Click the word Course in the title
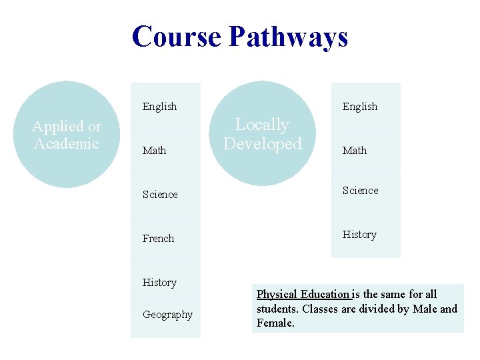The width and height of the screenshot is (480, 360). click(177, 36)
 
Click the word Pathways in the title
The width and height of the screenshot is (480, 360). click(288, 36)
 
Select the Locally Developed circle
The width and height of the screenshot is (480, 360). click(263, 133)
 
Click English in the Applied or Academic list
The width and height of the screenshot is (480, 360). click(159, 107)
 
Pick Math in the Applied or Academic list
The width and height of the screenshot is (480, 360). click(154, 151)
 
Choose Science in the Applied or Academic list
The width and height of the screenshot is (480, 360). click(160, 195)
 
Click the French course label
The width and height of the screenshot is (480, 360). click(158, 239)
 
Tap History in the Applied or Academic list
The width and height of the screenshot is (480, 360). click(159, 283)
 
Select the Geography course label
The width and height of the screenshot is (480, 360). click(167, 315)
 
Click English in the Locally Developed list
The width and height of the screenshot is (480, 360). click(359, 107)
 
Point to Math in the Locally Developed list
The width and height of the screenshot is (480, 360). click(354, 151)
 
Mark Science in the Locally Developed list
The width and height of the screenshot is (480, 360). click(360, 191)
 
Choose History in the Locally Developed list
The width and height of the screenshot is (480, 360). click(359, 235)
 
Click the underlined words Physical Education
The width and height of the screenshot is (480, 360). click(303, 294)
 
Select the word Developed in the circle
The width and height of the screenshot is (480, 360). click(263, 144)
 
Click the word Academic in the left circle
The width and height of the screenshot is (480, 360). click(66, 144)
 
